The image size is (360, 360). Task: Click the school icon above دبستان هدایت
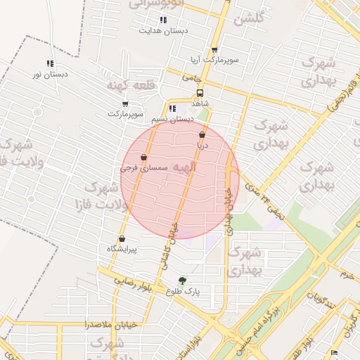(x=163, y=20)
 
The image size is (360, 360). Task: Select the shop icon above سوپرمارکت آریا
(x=214, y=50)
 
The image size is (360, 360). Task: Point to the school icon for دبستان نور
(x=49, y=63)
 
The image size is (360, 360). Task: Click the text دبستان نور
(x=50, y=74)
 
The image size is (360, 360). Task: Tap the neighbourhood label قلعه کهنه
(x=125, y=84)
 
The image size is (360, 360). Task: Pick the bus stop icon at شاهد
(x=200, y=92)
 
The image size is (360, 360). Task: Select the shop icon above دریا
(x=202, y=134)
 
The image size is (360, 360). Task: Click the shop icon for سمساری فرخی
(x=143, y=157)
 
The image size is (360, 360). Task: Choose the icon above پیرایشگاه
(x=122, y=238)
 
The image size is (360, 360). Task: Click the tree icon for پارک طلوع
(x=183, y=280)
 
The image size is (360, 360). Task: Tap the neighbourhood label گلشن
(x=249, y=20)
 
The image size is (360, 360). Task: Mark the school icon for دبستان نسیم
(x=172, y=108)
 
